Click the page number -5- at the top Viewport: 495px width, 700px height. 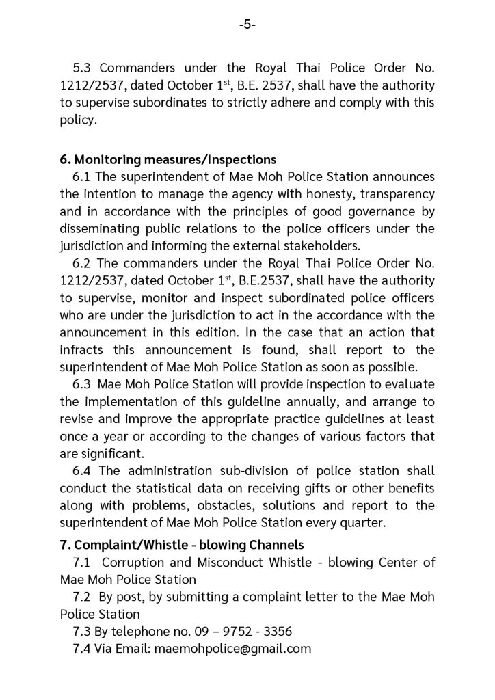pyautogui.click(x=247, y=25)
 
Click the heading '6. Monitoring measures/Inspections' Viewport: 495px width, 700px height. pyautogui.click(x=168, y=159)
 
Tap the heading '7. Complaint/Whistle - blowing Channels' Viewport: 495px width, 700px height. pyautogui.click(x=182, y=545)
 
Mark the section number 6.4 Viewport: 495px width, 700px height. pyautogui.click(x=82, y=470)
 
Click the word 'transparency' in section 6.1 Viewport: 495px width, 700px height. pyautogui.click(x=398, y=194)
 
